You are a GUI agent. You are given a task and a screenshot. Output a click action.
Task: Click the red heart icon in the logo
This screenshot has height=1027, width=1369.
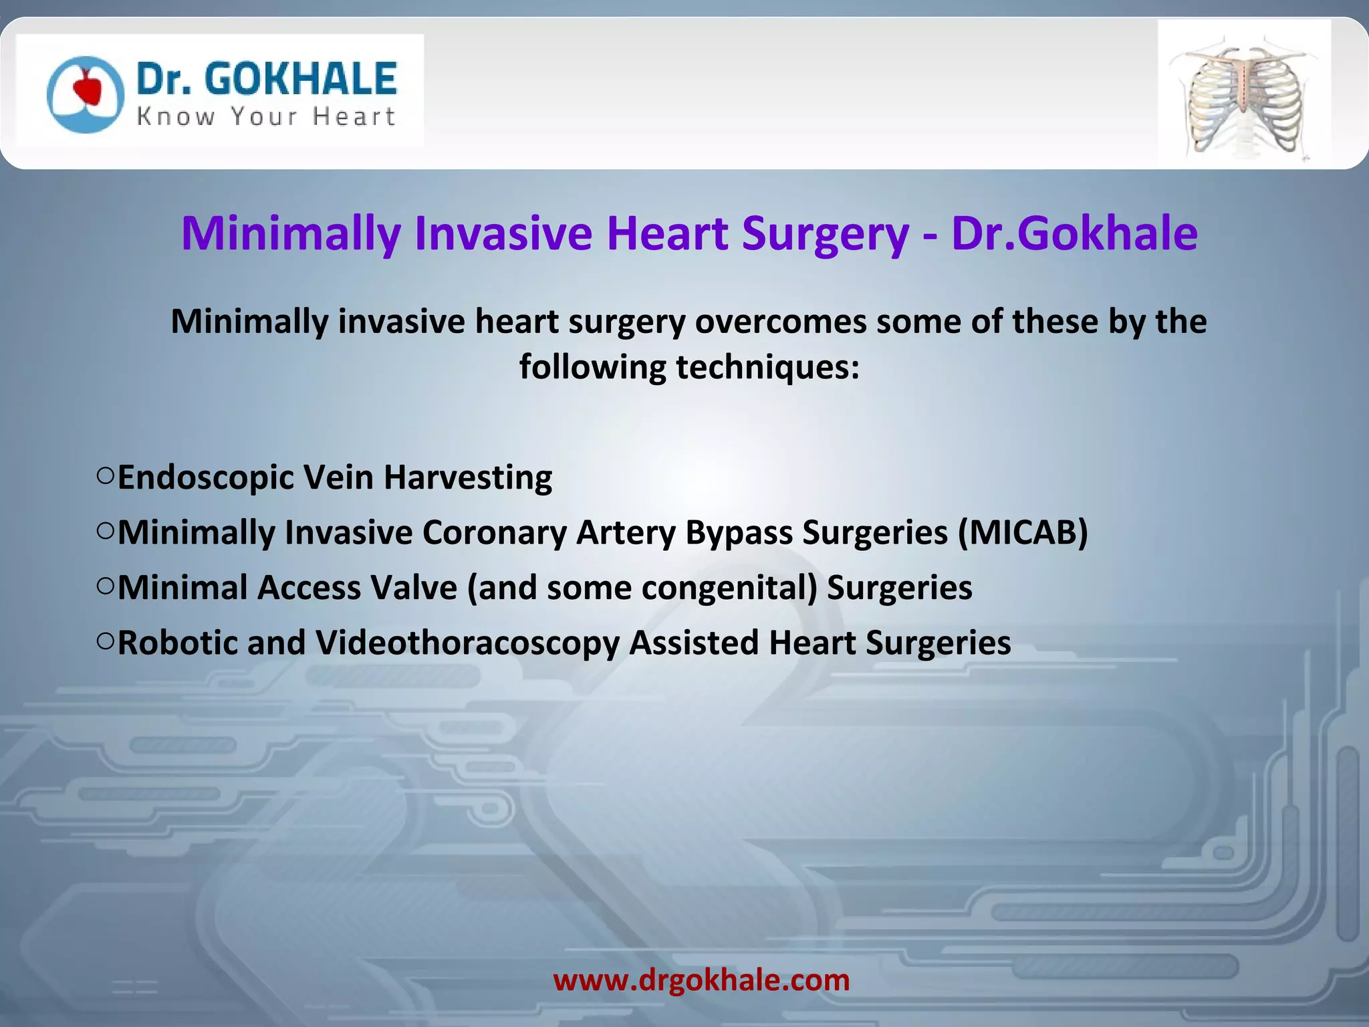(x=87, y=88)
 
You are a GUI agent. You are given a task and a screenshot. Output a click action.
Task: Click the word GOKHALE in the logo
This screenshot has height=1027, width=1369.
(x=301, y=79)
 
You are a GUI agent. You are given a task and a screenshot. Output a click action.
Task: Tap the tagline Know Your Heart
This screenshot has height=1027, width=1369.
(x=266, y=117)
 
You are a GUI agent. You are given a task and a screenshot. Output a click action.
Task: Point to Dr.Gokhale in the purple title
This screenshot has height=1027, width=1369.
(x=1074, y=233)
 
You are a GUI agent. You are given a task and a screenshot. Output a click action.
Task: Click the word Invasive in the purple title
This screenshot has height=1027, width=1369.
(x=503, y=233)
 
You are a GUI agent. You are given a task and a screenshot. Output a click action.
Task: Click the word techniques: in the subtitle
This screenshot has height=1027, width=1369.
(x=767, y=367)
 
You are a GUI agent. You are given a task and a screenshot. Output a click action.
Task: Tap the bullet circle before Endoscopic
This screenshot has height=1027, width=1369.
(x=105, y=475)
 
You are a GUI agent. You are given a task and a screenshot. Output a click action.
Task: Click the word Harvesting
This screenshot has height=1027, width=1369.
(x=468, y=478)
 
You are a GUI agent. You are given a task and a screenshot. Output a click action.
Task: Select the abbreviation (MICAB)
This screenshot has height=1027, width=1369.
(x=1023, y=533)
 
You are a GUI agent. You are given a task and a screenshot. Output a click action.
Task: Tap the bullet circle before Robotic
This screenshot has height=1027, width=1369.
(x=105, y=641)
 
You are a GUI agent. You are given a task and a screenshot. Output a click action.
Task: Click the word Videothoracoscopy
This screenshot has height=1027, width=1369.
(x=468, y=644)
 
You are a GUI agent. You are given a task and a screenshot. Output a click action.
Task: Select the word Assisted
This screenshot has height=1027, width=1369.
(x=693, y=643)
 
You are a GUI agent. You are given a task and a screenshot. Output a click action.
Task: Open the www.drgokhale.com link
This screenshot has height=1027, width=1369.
(x=701, y=980)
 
